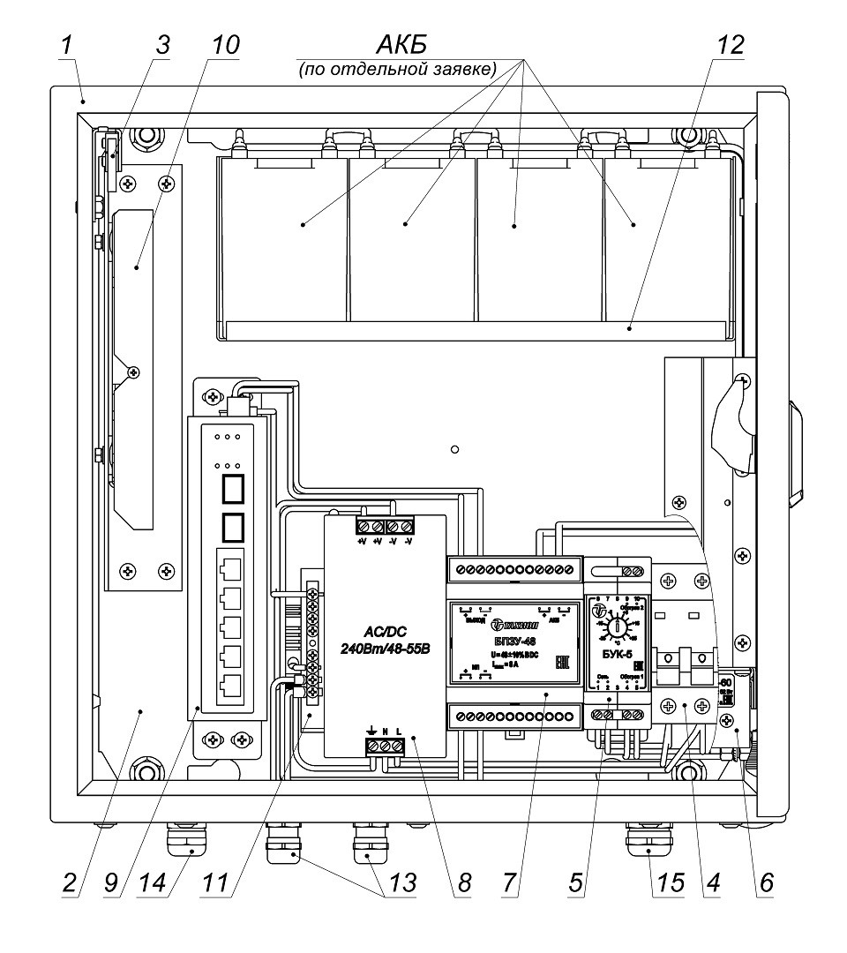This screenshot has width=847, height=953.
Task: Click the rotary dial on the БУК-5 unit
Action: (x=618, y=627)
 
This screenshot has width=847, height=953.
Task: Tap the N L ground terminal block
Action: (x=386, y=746)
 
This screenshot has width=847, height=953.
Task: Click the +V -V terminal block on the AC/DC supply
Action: (x=385, y=527)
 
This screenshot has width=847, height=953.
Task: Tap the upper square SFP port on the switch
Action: (x=231, y=488)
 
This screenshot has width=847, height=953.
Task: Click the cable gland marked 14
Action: (x=184, y=844)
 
